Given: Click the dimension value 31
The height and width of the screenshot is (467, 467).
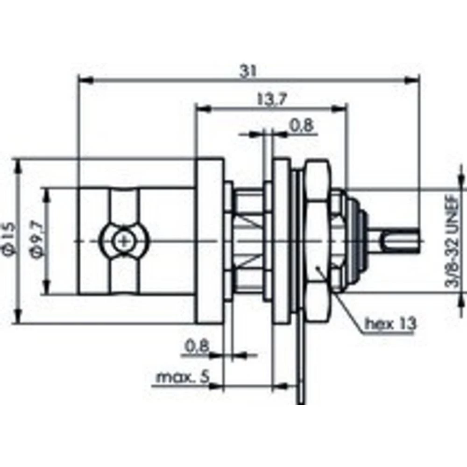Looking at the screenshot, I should tap(249, 71).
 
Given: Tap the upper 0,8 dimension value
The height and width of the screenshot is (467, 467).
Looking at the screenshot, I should tap(302, 125).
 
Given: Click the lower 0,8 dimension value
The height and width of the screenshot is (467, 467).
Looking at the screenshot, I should tap(197, 346).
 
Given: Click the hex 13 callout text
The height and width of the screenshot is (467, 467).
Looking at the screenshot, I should tap(390, 323).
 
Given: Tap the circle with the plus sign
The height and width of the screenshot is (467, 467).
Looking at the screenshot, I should tap(124, 241).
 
